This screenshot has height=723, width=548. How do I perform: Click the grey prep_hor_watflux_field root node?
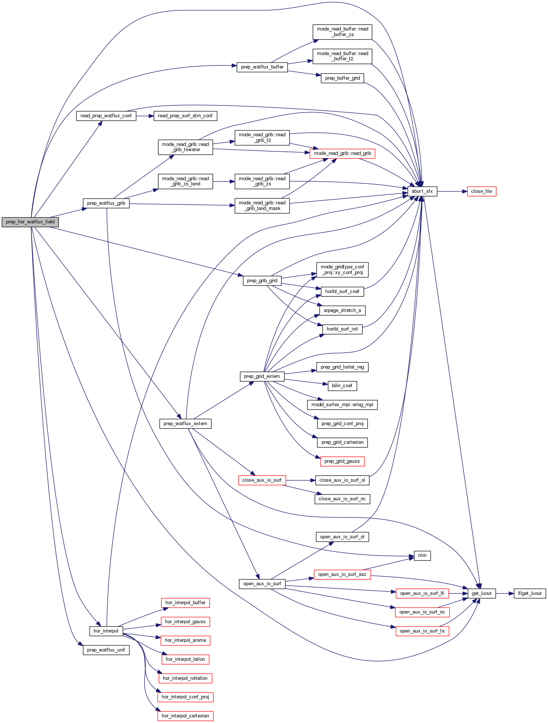[30, 222]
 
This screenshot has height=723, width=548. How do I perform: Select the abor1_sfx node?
[422, 191]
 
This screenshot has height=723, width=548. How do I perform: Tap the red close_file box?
[481, 191]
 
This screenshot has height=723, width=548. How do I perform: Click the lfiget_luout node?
[529, 593]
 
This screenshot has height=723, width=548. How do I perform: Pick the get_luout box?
[481, 593]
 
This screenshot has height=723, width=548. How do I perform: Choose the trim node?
[422, 555]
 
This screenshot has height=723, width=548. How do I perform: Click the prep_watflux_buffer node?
[262, 67]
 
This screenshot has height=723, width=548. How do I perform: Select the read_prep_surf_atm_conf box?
[185, 116]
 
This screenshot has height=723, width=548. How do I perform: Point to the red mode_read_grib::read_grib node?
[342, 153]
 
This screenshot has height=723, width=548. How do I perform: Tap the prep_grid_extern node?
[262, 376]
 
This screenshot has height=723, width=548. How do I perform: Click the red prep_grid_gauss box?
[342, 461]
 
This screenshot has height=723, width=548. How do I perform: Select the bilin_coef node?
[342, 386]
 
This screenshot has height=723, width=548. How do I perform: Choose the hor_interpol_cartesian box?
[185, 716]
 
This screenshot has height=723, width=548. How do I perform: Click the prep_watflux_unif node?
[106, 650]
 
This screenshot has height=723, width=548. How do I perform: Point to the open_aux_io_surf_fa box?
[422, 631]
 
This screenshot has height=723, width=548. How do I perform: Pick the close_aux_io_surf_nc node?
[342, 499]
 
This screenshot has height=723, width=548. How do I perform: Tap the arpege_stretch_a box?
[342, 310]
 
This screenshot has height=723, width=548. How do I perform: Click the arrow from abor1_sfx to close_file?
[452, 191]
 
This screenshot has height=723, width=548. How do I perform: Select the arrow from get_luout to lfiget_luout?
[505, 593]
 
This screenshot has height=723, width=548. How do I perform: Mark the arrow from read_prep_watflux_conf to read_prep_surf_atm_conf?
[145, 116]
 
